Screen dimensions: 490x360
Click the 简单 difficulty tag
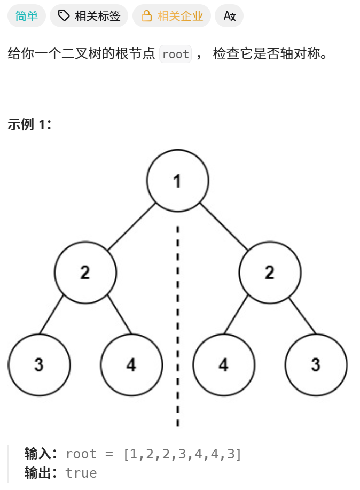[27, 16]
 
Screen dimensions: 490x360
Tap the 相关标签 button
[89, 16]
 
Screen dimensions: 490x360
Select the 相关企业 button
[171, 16]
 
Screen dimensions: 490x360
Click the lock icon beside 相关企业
[146, 16]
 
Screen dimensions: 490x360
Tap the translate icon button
[229, 16]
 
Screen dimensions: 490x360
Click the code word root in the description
[175, 55]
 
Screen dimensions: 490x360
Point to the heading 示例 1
[29, 125]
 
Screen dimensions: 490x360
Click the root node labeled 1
[177, 181]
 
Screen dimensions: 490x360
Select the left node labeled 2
[85, 273]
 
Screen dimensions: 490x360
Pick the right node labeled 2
[270, 273]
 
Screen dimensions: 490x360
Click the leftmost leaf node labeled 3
[39, 365]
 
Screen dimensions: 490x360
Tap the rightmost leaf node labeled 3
[316, 365]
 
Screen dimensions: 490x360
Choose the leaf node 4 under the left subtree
[131, 365]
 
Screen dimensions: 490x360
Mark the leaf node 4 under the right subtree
[224, 365]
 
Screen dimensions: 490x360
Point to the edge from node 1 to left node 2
[131, 227]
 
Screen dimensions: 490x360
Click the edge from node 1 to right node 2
[224, 227]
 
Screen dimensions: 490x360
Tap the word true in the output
[81, 473]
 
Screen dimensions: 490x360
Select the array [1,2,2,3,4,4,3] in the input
[182, 454]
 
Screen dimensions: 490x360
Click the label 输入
[40, 454]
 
